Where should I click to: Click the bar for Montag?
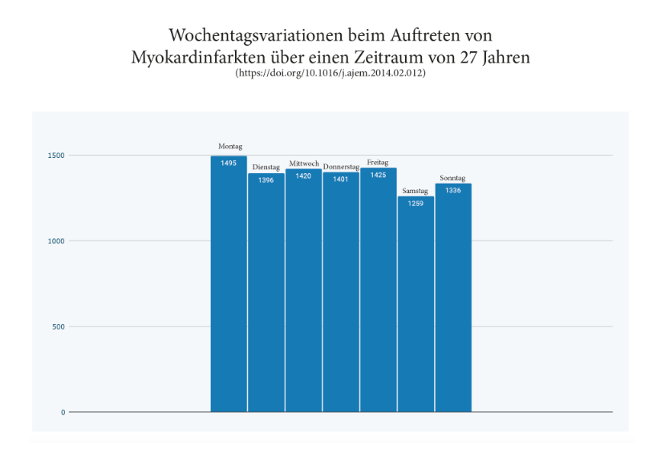point(229,289)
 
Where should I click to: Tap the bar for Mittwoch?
point(303,293)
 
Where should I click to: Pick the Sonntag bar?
point(453,301)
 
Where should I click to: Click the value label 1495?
point(229,164)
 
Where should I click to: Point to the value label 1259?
point(416,204)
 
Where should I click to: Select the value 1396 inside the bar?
point(266,180)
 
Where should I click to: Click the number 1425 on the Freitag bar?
point(378,176)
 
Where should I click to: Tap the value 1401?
point(341,180)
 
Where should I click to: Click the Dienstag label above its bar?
point(266,167)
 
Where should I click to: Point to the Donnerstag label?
point(341,167)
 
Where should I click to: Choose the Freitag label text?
point(378,163)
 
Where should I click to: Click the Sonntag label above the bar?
point(453,178)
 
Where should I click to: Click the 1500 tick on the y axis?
point(55,155)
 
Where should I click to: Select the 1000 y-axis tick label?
point(55,241)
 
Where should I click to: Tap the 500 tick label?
point(57,326)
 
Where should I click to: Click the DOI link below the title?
point(330,73)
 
